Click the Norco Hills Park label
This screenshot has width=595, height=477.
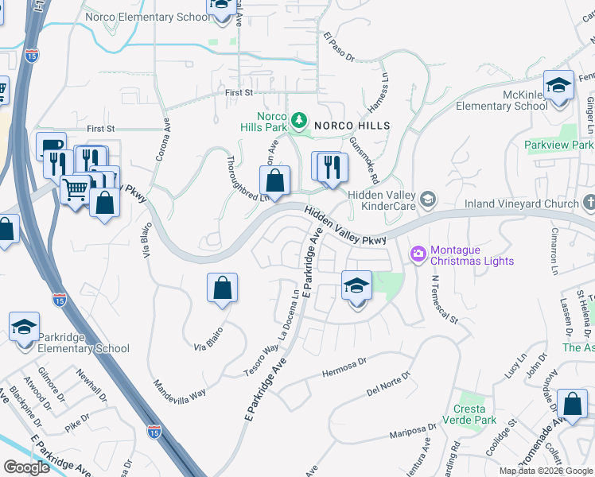click(265, 121)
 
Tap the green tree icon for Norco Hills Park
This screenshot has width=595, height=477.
click(299, 120)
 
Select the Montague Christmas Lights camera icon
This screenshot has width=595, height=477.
click(418, 254)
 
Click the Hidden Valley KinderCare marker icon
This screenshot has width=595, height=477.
click(429, 199)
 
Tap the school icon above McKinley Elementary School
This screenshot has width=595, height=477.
click(559, 86)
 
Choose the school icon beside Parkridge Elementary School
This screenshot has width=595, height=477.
click(24, 328)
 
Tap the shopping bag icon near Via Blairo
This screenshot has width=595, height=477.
click(223, 289)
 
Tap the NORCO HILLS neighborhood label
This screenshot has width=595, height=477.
click(352, 126)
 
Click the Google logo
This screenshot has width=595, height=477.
click(26, 467)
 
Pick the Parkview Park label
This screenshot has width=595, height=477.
click(558, 145)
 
